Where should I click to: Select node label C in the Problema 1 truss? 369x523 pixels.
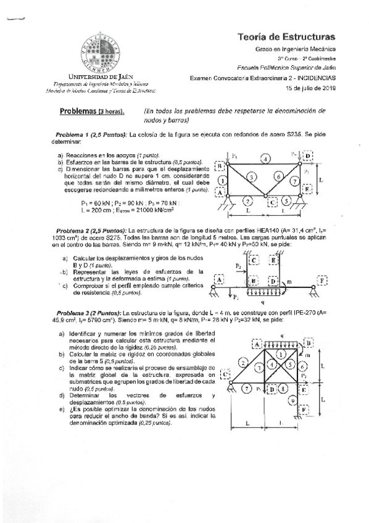tap(272, 201)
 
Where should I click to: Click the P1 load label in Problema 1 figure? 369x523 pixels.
tap(234, 155)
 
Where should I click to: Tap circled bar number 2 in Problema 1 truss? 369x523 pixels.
tap(247, 200)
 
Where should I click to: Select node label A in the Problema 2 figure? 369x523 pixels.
tap(218, 281)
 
